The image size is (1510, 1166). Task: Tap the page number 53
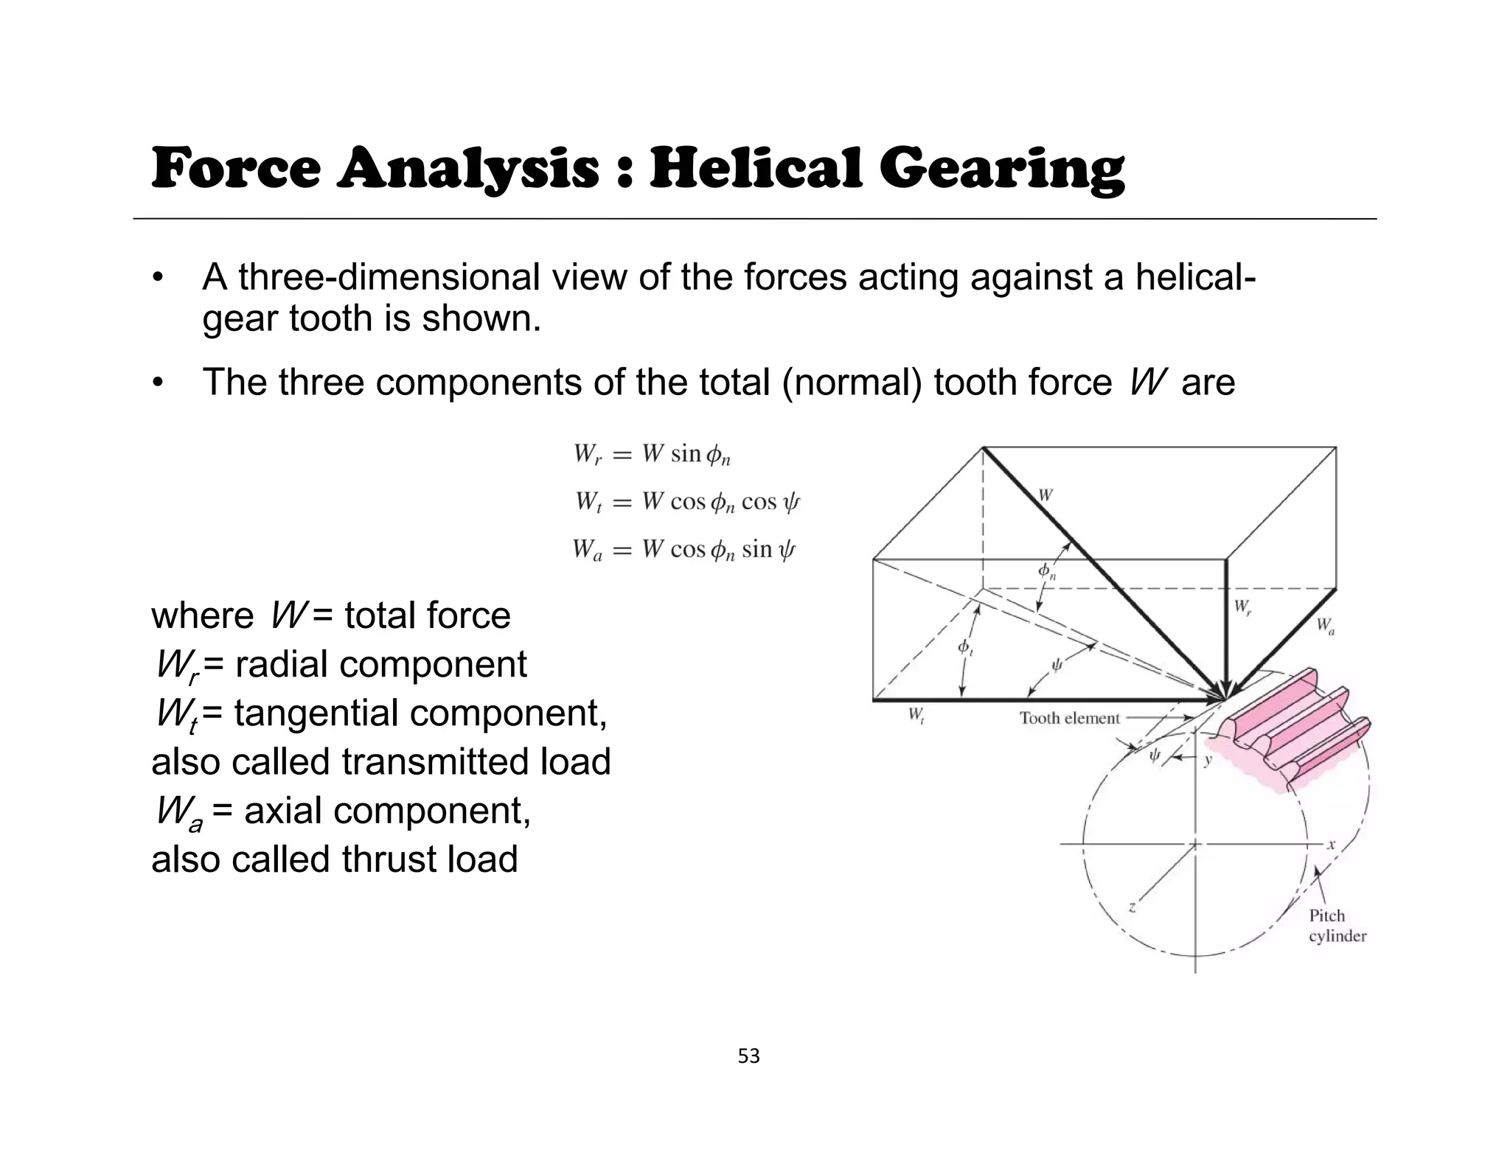(x=748, y=1057)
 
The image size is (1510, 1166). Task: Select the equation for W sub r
(x=653, y=454)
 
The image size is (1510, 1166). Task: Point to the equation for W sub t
(x=687, y=503)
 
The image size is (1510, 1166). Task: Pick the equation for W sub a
(x=684, y=550)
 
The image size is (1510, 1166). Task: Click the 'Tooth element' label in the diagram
(x=1069, y=718)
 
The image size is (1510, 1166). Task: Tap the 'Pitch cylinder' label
(x=1337, y=926)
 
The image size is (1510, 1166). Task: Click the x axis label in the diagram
(x=1331, y=845)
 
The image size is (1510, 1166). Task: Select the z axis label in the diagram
(x=1132, y=907)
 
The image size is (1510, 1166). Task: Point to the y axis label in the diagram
(x=1208, y=760)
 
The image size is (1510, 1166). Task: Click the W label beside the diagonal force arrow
(x=1045, y=495)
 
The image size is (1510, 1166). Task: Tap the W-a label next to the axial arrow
(x=1326, y=626)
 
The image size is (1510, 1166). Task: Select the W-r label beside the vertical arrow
(x=1242, y=607)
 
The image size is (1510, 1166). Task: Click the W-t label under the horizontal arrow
(x=916, y=715)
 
